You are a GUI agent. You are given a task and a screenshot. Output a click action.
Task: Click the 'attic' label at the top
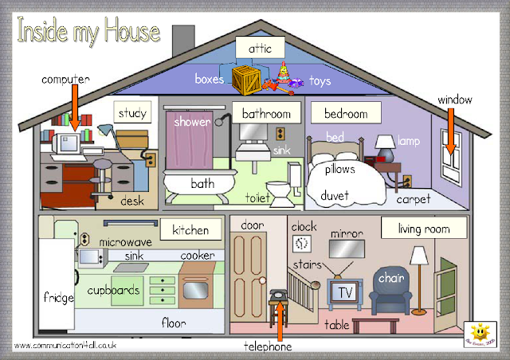pyautogui.click(x=260, y=49)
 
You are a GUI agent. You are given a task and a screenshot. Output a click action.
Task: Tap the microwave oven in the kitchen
pyautogui.click(x=90, y=257)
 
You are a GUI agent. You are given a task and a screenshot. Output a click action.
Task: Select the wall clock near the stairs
pyautogui.click(x=302, y=244)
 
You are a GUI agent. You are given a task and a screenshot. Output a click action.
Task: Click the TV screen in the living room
pyautogui.click(x=344, y=292)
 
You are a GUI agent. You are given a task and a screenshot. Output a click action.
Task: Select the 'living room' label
pyautogui.click(x=415, y=229)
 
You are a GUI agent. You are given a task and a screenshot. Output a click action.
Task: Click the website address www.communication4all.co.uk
pyautogui.click(x=65, y=346)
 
